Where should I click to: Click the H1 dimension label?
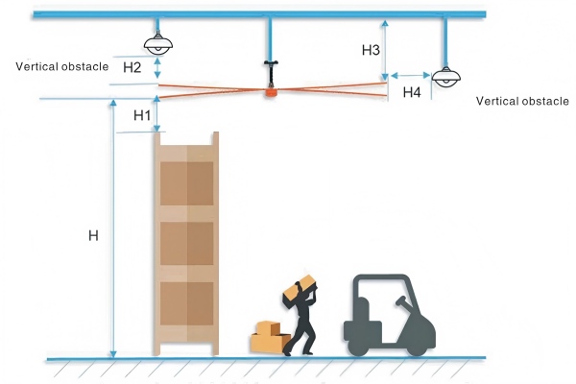(x=143, y=114)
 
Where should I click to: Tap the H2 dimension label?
(x=132, y=67)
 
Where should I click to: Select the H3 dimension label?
(x=371, y=49)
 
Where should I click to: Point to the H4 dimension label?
(x=412, y=92)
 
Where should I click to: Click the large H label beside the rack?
(x=93, y=235)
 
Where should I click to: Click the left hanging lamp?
(x=156, y=43)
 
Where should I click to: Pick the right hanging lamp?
(x=444, y=77)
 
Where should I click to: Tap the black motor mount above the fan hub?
(x=272, y=67)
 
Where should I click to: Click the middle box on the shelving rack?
(x=186, y=244)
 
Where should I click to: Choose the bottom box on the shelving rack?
(x=186, y=302)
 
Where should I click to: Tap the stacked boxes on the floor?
(x=269, y=336)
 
